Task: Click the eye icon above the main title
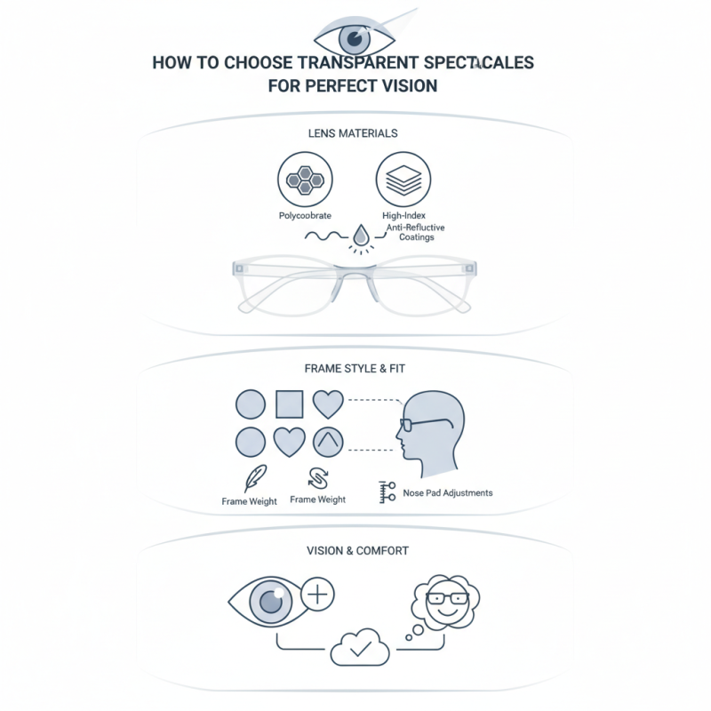point(355,38)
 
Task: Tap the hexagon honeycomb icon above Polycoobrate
point(304,180)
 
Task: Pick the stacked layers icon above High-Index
point(403,180)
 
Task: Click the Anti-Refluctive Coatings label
point(415,233)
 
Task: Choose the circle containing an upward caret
point(328,442)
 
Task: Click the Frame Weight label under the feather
point(249,501)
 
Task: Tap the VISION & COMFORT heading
point(355,551)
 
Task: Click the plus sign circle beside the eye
point(318,595)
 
